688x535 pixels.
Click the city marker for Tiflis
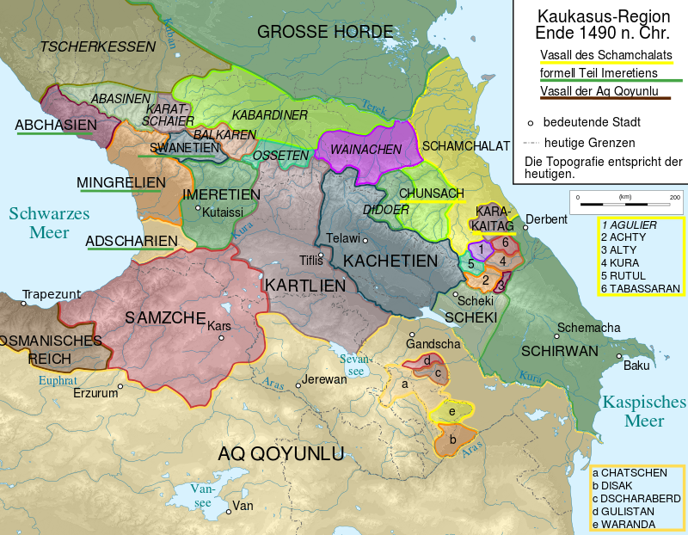tap(322, 255)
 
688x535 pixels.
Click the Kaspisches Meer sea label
tap(644, 411)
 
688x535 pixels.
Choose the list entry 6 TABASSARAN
tap(641, 288)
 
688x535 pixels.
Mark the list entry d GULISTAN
tap(630, 511)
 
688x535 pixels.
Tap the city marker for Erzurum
tap(120, 386)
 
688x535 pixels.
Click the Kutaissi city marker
tap(198, 208)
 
